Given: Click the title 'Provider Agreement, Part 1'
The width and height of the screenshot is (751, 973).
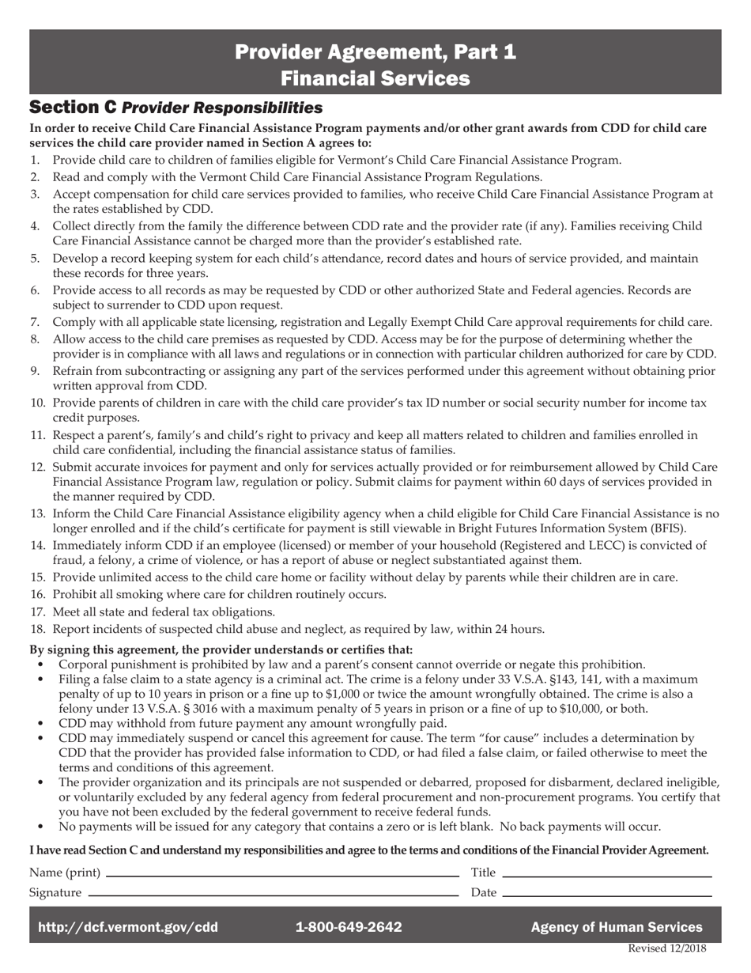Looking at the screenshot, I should click(375, 52).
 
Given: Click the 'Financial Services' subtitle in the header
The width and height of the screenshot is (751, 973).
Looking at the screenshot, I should click(375, 78).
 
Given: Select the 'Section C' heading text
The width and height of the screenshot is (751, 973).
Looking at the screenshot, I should click(73, 107).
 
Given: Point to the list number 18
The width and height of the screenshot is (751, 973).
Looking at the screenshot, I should click(37, 630).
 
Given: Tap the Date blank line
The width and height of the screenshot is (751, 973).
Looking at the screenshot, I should click(606, 895).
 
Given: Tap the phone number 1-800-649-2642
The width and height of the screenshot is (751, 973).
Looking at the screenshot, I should click(348, 927).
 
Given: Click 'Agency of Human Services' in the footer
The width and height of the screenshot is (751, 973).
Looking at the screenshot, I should click(616, 927).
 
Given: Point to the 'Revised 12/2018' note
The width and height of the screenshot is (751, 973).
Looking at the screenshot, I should click(666, 949).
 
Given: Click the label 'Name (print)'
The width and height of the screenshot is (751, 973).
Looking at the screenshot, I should click(65, 873).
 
